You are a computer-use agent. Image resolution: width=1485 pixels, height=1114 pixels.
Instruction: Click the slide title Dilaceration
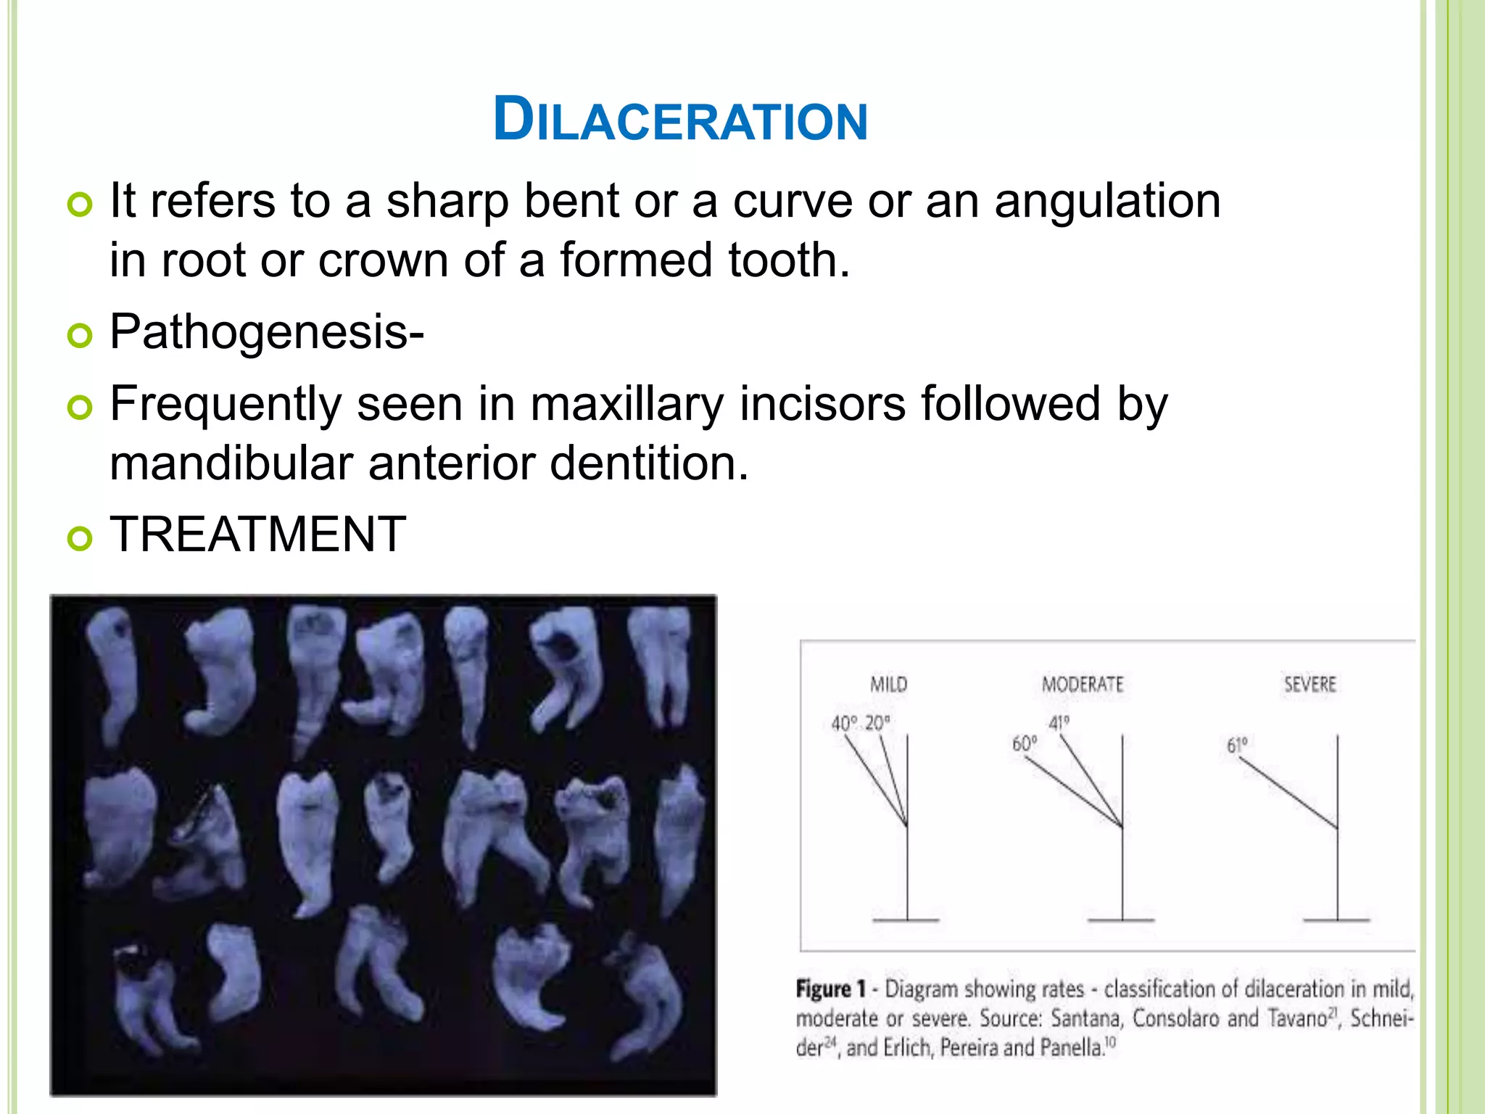pos(680,120)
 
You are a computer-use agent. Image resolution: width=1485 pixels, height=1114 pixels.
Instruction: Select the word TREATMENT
pos(257,535)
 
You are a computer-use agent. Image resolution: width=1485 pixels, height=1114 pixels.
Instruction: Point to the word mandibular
pos(231,463)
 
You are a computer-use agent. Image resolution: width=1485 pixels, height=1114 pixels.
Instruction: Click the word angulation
pos(1107,201)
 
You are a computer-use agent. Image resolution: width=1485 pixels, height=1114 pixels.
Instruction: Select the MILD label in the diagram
pos(888,685)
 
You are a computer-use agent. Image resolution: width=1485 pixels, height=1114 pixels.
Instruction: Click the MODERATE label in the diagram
pos(1082,685)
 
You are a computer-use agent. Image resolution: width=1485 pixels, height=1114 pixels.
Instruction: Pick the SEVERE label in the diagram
pos(1310,685)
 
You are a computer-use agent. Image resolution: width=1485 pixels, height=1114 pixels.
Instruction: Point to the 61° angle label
pos(1237,746)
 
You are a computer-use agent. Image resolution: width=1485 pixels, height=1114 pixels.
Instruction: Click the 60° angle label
pos(1024,744)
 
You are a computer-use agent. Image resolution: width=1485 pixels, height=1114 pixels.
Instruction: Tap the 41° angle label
pos(1059,723)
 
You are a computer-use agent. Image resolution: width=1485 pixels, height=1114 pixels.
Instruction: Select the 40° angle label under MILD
pos(844,723)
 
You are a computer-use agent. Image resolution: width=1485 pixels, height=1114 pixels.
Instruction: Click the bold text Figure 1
pos(831,989)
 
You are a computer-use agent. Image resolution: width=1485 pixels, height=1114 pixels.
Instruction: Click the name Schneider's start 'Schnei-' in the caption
pos(1381,1018)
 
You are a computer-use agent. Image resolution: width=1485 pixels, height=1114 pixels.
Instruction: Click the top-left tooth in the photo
pos(112,674)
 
